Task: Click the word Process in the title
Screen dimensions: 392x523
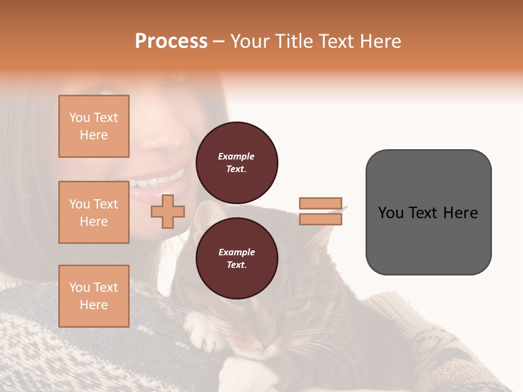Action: point(171,41)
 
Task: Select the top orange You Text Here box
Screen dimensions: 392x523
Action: point(94,126)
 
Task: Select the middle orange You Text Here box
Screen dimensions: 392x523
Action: point(94,212)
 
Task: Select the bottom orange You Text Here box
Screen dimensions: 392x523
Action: point(94,296)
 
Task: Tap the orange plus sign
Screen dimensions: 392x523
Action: point(168,212)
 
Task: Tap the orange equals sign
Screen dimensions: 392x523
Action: point(320,211)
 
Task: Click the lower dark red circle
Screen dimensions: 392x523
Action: point(237,258)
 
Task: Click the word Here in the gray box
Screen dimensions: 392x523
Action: point(461,213)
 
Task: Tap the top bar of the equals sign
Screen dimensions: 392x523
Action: point(320,204)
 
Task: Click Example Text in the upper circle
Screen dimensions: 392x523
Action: point(236,162)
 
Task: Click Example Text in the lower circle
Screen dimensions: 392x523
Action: point(236,258)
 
